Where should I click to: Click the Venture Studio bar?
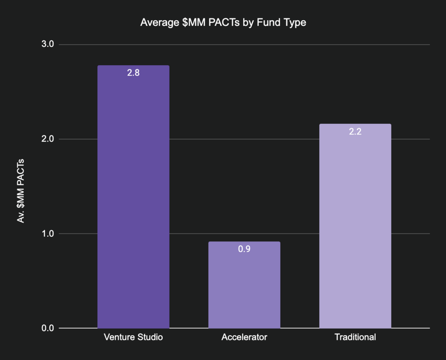(133, 197)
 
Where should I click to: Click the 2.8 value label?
(134, 73)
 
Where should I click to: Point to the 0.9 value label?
(244, 249)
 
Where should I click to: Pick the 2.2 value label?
(355, 131)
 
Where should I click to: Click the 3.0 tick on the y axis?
(48, 44)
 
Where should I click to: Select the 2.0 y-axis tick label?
(48, 139)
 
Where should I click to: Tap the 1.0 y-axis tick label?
(48, 233)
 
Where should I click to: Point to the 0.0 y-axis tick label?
(48, 328)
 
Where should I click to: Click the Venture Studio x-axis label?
(133, 337)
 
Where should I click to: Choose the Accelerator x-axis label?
(244, 337)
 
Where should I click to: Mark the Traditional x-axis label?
(355, 337)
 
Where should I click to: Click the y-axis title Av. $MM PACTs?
(21, 191)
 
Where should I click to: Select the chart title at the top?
(223, 22)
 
